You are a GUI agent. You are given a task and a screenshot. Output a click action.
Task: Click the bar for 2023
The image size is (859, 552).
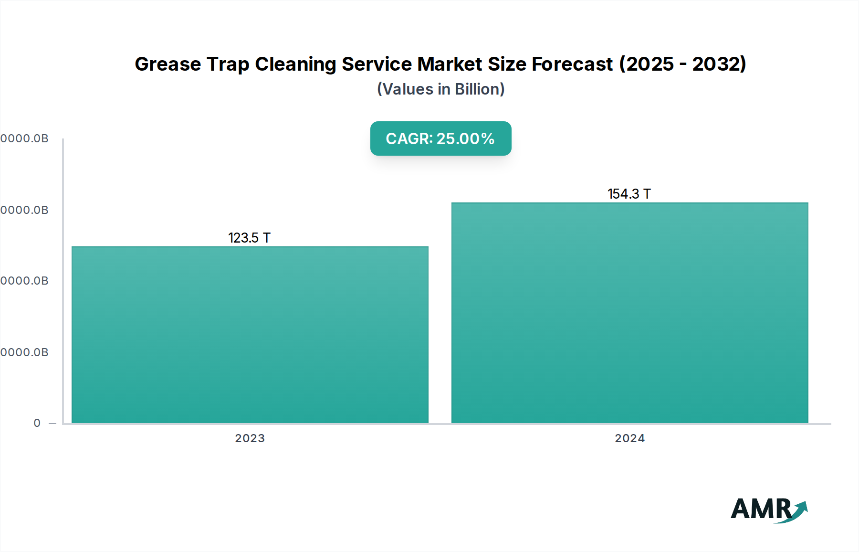click(x=250, y=334)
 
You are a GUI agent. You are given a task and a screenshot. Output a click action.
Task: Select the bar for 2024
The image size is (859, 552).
click(x=629, y=313)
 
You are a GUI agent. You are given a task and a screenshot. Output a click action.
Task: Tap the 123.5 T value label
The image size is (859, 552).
click(x=249, y=238)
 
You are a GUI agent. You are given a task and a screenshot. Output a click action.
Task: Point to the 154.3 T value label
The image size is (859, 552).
click(x=629, y=194)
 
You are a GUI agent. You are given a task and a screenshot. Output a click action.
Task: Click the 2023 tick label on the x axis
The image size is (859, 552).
click(x=250, y=438)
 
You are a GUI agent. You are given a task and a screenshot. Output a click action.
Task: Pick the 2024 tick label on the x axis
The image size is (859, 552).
click(x=629, y=438)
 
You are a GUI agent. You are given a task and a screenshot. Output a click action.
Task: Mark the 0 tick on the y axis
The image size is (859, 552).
click(x=37, y=423)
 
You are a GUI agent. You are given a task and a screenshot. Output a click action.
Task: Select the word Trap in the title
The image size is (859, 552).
click(x=227, y=64)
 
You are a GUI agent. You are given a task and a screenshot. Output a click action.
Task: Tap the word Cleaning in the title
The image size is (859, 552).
click(x=295, y=64)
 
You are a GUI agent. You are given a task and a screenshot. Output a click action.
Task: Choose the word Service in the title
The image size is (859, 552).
click(x=377, y=64)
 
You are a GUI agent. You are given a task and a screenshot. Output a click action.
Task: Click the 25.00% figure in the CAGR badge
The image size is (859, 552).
click(x=465, y=138)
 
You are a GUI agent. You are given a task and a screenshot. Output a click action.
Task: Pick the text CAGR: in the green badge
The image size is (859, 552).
click(x=409, y=138)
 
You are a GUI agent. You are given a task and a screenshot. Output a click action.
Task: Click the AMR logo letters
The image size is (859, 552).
click(x=761, y=509)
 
